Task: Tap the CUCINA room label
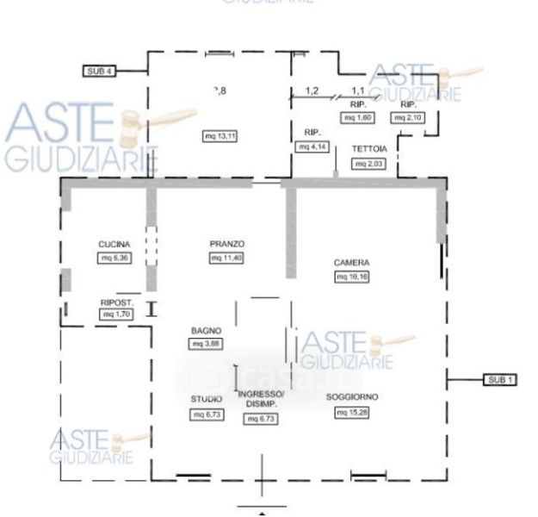tap(114, 245)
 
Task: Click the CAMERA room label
tap(351, 262)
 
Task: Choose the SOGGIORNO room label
tap(353, 397)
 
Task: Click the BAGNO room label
tap(207, 331)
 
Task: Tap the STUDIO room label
tap(207, 400)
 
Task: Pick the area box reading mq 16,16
tap(351, 277)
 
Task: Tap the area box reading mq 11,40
tap(226, 258)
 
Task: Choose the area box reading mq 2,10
tap(406, 116)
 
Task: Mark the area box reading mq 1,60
tap(359, 116)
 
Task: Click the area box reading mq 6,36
tap(114, 258)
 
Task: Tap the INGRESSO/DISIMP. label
tap(261, 403)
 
